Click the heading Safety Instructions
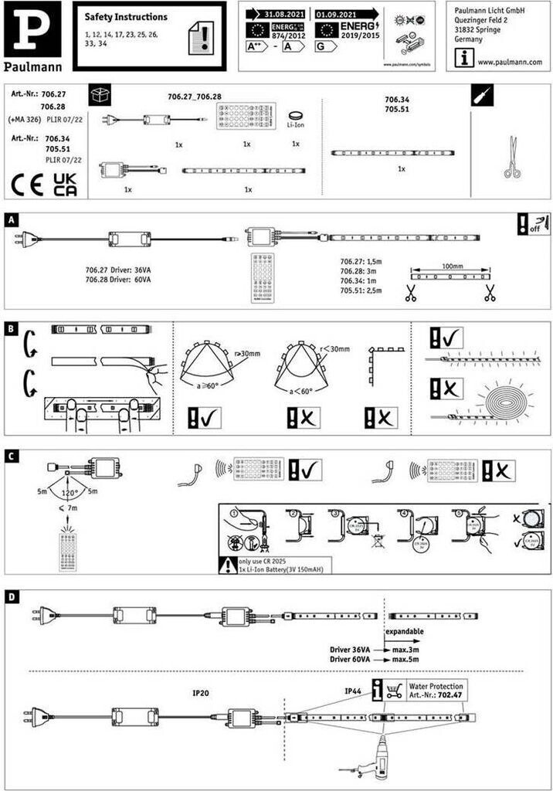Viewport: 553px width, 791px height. tap(125, 17)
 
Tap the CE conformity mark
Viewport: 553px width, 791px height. tap(27, 186)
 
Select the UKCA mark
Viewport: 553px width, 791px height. tap(64, 185)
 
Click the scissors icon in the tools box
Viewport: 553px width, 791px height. tap(511, 157)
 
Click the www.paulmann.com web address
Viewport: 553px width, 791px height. tap(508, 62)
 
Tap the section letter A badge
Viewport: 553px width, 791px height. tap(11, 220)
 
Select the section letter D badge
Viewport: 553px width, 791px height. tap(11, 597)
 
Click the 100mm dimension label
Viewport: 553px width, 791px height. tap(452, 265)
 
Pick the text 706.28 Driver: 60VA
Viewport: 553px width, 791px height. tap(118, 280)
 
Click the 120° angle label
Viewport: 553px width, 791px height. tap(72, 492)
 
